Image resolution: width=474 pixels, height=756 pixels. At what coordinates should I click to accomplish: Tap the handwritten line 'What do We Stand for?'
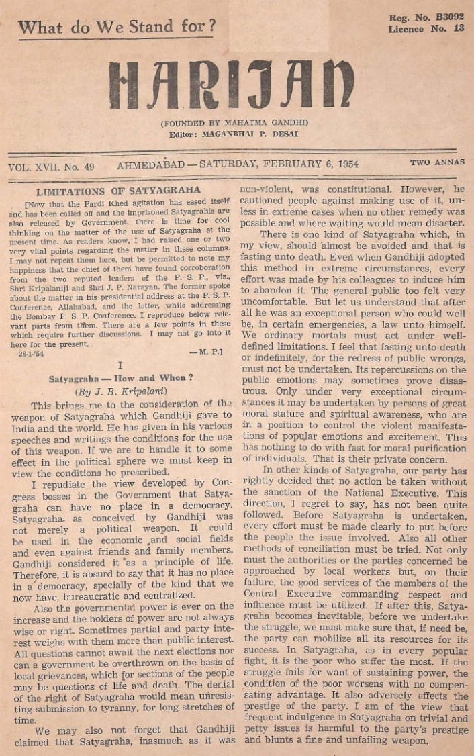coord(117,28)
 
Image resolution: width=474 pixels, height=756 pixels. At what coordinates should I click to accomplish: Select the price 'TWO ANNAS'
coord(436,162)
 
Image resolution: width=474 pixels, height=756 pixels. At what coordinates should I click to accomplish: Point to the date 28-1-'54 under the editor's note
coord(30,353)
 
